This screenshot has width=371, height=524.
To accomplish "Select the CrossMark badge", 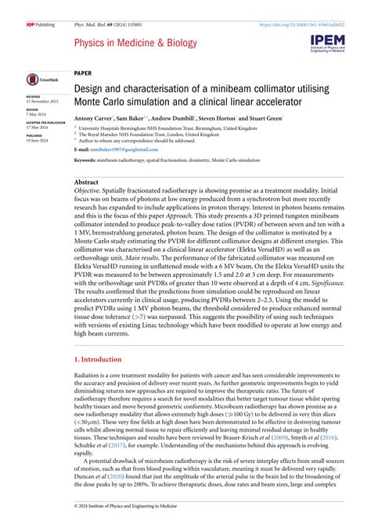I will (x=38, y=79).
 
